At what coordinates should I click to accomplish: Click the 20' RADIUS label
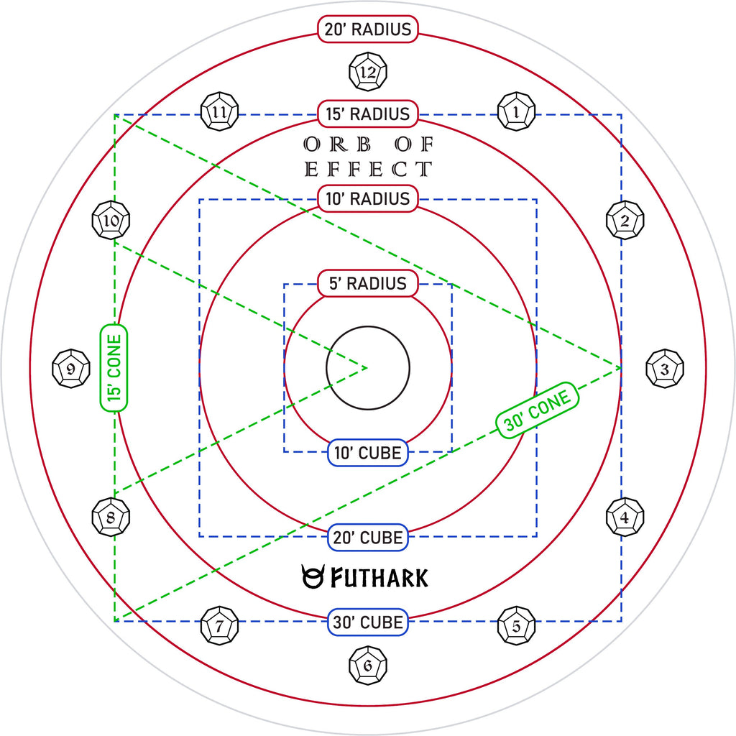coord(367,29)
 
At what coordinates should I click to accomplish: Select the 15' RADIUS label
coord(367,114)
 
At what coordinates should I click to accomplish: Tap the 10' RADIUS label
coord(367,198)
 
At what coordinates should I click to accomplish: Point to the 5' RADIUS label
coord(367,283)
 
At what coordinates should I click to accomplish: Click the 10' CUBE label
coord(367,453)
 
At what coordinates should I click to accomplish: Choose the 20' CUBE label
coord(367,537)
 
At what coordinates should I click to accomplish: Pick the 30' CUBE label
coord(367,622)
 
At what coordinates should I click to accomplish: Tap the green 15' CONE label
coord(114,368)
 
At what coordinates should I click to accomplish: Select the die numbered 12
coord(368,72)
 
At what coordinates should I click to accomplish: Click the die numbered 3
coord(665,369)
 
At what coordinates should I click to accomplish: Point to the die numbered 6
coord(368,665)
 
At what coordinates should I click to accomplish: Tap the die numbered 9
coord(71,369)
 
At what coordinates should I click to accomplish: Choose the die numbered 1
coord(516,111)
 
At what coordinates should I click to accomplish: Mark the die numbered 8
coord(111,517)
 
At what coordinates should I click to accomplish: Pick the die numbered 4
coord(625,517)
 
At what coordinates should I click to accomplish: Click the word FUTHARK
coord(379,577)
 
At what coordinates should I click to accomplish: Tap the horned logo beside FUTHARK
coord(312,576)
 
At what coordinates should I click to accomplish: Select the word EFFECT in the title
coord(368,169)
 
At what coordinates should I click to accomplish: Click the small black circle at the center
coord(368,368)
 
